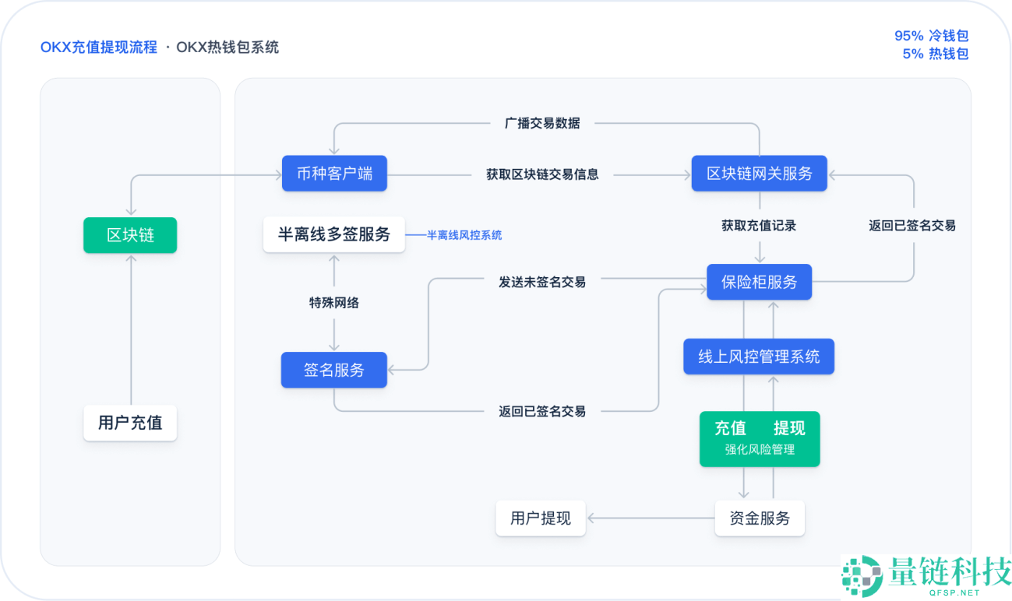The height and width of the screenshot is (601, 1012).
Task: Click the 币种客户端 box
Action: [x=334, y=174]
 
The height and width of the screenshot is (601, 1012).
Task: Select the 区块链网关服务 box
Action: [x=759, y=174]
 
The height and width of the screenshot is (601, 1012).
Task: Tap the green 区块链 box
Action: [x=130, y=235]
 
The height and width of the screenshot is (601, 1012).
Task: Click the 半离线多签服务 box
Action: [x=334, y=234]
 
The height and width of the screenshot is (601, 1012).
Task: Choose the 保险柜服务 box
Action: [x=759, y=282]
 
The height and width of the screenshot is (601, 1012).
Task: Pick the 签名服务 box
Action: [x=334, y=370]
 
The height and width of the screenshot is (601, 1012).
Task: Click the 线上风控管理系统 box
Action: [x=759, y=357]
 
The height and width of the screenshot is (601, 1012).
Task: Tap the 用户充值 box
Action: [x=130, y=423]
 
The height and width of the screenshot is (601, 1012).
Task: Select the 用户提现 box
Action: [x=541, y=518]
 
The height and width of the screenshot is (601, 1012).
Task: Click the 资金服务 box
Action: [x=759, y=518]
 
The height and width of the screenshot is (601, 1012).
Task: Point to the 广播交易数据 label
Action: [x=542, y=123]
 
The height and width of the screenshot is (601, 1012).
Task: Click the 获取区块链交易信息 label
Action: [x=542, y=174]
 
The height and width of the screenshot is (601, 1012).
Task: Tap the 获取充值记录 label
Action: [x=759, y=226]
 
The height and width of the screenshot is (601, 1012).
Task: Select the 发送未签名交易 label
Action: [x=542, y=282]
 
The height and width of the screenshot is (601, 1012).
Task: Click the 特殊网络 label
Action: [x=334, y=303]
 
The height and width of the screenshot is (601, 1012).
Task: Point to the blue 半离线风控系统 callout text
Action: [x=464, y=235]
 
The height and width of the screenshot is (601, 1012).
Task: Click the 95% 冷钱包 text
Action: [x=931, y=36]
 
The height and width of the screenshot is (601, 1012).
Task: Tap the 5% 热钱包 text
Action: [x=935, y=54]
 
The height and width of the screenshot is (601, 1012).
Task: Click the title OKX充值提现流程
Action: [x=99, y=47]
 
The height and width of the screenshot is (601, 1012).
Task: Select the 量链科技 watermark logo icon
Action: [x=862, y=577]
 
